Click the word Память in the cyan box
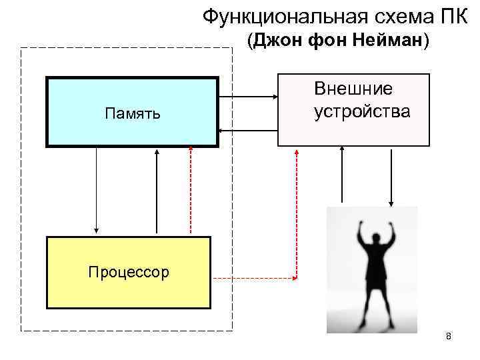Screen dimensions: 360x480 (x=132, y=113)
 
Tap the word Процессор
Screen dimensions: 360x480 (x=127, y=272)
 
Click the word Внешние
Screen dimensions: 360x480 (x=353, y=89)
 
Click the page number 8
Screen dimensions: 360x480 (x=449, y=336)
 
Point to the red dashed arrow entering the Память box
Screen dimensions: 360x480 (x=191, y=190)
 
